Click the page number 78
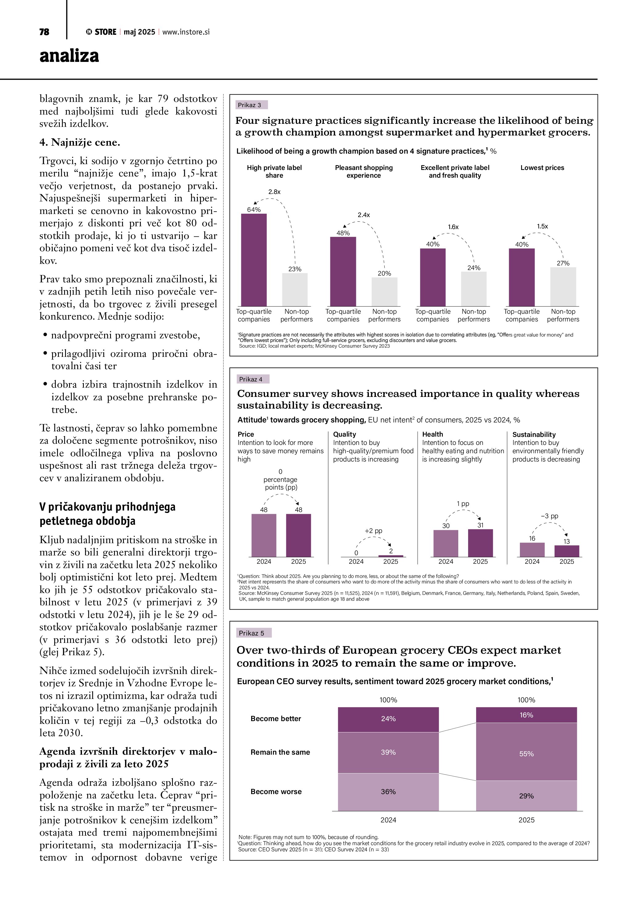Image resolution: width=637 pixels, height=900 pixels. click(44, 32)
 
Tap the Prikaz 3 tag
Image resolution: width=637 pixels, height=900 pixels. click(249, 105)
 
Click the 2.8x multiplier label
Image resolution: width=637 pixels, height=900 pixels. click(274, 192)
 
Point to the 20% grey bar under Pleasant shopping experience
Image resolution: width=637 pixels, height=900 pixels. click(384, 292)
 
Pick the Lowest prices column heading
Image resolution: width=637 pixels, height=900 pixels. click(542, 168)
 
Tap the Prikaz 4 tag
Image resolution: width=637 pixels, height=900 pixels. click(251, 379)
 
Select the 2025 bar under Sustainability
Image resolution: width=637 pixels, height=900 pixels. click(566, 551)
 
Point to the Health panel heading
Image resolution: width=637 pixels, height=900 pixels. click(432, 434)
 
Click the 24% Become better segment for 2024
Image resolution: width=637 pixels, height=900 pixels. click(388, 719)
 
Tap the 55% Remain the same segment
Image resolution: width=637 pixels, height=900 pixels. click(526, 754)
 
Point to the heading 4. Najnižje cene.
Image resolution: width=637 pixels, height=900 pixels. click(80, 142)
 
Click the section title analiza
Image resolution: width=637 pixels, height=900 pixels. click(69, 56)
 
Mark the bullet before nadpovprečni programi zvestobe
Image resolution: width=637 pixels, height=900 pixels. click(46, 335)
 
